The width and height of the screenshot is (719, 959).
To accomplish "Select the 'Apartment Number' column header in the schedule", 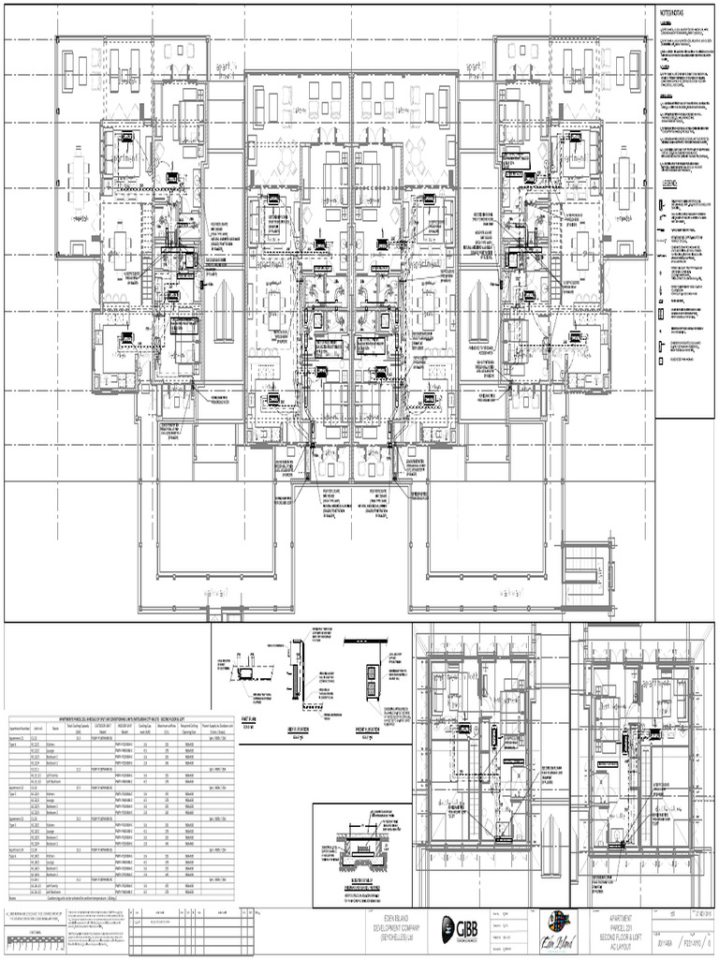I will point(21,727).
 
